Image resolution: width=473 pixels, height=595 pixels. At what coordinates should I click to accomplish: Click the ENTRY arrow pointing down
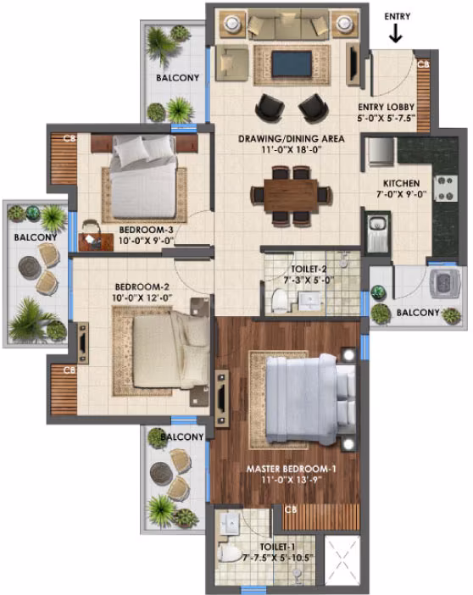pyautogui.click(x=395, y=33)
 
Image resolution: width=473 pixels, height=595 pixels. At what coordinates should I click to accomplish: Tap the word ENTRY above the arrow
pyautogui.click(x=397, y=16)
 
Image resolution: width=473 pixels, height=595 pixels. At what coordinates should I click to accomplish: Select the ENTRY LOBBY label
pyautogui.click(x=386, y=108)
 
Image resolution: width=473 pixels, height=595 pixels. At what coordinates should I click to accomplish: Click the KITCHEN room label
pyautogui.click(x=401, y=183)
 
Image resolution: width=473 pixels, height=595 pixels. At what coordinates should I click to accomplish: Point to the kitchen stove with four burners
pyautogui.click(x=446, y=188)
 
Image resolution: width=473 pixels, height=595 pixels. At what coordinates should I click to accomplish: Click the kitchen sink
pyautogui.click(x=377, y=232)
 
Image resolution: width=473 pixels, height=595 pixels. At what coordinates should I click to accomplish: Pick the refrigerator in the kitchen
pyautogui.click(x=381, y=152)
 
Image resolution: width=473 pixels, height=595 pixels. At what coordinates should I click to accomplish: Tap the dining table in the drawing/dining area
pyautogui.click(x=291, y=196)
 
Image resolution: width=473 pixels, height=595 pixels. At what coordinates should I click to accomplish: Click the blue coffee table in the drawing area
pyautogui.click(x=292, y=64)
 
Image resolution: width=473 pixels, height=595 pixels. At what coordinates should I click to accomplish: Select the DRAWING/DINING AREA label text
pyautogui.click(x=291, y=139)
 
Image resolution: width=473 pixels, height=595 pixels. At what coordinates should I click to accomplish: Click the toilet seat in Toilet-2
pyautogui.click(x=281, y=300)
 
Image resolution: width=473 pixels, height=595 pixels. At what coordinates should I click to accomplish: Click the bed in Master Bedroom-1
pyautogui.click(x=310, y=400)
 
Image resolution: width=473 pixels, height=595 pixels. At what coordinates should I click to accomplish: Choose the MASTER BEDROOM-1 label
pyautogui.click(x=291, y=470)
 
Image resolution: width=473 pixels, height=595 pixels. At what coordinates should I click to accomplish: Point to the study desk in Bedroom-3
pyautogui.click(x=96, y=242)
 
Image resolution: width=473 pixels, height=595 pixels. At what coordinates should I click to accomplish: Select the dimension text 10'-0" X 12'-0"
pyautogui.click(x=142, y=297)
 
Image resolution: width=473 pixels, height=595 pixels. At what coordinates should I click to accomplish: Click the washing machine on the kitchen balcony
pyautogui.click(x=444, y=282)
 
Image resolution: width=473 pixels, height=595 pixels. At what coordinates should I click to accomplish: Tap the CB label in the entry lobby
pyautogui.click(x=423, y=64)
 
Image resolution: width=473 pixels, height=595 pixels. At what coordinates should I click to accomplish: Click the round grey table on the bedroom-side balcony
pyautogui.click(x=29, y=268)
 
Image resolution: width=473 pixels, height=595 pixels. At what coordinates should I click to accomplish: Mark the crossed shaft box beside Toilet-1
pyautogui.click(x=342, y=560)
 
